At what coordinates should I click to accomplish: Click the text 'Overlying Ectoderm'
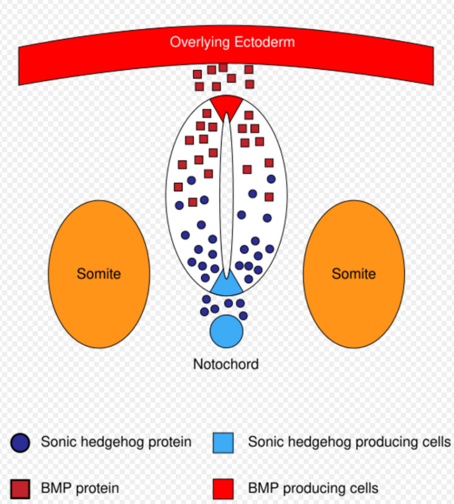pyautogui.click(x=232, y=42)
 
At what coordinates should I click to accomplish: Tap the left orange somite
pyautogui.click(x=99, y=274)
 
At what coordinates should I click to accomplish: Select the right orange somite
pyautogui.click(x=354, y=274)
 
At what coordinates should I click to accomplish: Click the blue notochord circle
pyautogui.click(x=226, y=331)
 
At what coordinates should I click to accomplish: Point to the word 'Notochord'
pyautogui.click(x=226, y=364)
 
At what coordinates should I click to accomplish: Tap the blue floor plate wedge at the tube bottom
pyautogui.click(x=226, y=283)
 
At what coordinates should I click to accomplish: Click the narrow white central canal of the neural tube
pyautogui.click(x=226, y=195)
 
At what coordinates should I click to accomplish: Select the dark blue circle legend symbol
pyautogui.click(x=20, y=443)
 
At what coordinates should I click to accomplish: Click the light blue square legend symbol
pyautogui.click(x=223, y=443)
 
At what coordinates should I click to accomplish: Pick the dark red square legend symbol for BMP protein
pyautogui.click(x=20, y=489)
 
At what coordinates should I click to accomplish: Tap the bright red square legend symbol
pyautogui.click(x=223, y=489)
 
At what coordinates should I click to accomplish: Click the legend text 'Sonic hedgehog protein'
pyautogui.click(x=116, y=442)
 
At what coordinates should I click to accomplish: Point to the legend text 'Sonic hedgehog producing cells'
pyautogui.click(x=349, y=442)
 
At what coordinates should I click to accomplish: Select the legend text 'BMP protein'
pyautogui.click(x=80, y=489)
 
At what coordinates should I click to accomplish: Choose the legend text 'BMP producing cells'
pyautogui.click(x=313, y=489)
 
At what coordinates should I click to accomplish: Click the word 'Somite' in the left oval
pyautogui.click(x=99, y=274)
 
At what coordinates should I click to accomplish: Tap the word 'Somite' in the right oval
pyautogui.click(x=354, y=274)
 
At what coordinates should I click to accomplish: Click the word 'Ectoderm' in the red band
pyautogui.click(x=265, y=42)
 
